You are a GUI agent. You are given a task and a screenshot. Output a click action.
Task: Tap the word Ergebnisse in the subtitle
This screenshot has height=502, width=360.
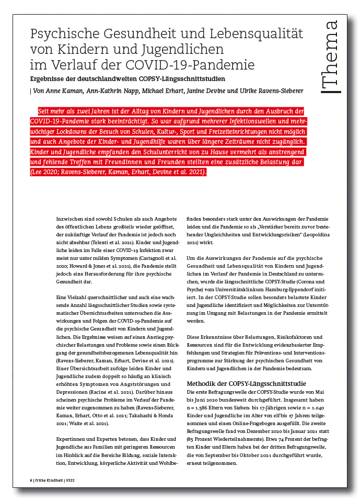50,79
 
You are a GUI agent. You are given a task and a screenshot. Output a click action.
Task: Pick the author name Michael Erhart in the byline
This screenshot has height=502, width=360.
170,90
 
